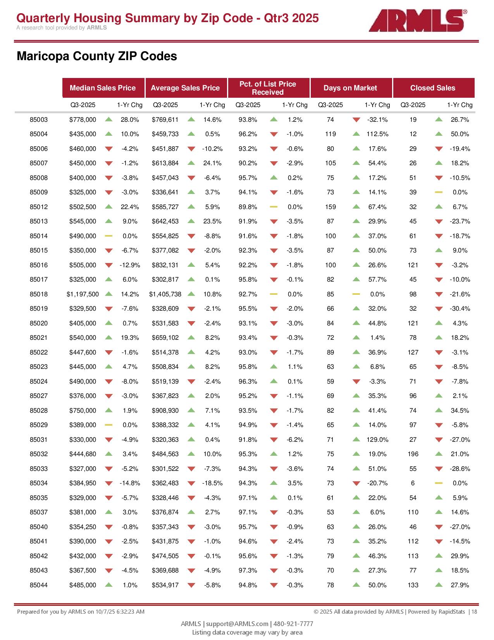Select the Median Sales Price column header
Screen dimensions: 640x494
coord(103,88)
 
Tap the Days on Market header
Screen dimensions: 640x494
coord(350,88)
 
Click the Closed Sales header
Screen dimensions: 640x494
coord(433,88)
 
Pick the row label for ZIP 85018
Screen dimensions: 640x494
coord(39,294)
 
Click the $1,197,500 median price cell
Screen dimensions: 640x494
coord(83,294)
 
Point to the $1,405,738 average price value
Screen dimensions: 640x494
coord(165,294)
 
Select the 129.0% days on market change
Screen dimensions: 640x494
coord(377,440)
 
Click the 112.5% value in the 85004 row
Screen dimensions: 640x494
coord(377,134)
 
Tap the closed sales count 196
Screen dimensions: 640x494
coord(413,454)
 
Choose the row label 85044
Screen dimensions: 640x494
coord(39,585)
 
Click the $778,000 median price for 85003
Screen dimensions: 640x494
coord(83,120)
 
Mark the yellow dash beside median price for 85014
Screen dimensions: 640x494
coord(109,236)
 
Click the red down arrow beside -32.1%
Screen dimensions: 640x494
coord(356,120)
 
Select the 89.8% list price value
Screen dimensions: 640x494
coord(248,207)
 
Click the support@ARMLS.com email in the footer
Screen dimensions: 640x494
coord(237,624)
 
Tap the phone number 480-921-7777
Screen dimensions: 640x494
coord(293,624)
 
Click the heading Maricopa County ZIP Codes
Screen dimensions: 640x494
coord(97,56)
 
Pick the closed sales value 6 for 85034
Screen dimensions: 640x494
coord(413,483)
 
